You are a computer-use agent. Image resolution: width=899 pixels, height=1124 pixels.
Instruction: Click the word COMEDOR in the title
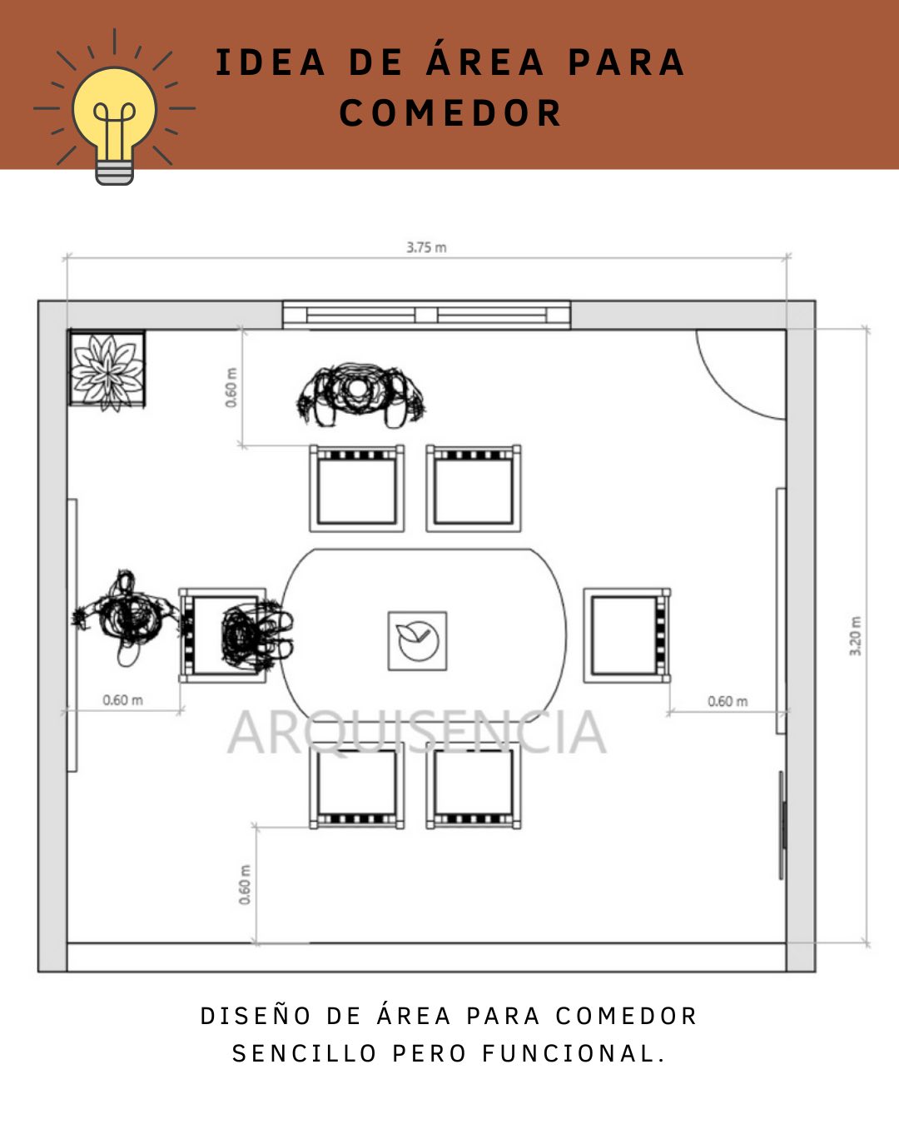point(450,113)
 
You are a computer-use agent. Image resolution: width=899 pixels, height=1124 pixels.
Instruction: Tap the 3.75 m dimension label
point(427,247)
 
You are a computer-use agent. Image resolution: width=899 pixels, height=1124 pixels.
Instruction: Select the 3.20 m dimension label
point(855,636)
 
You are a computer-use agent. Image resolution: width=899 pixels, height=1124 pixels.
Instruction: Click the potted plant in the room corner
point(107,371)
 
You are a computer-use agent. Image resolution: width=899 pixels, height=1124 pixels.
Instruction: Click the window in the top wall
point(426,315)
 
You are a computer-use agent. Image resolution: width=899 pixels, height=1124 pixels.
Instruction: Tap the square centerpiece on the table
point(417,641)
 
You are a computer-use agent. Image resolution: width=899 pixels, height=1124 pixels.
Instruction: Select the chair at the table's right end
point(627,635)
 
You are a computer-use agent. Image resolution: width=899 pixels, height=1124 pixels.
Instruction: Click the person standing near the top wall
point(360,395)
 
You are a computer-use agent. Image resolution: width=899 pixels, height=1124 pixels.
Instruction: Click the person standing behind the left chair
point(127,618)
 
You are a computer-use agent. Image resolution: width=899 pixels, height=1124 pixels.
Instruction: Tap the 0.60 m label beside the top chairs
point(231,387)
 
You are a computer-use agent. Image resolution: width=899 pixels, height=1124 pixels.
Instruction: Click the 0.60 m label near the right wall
point(728,701)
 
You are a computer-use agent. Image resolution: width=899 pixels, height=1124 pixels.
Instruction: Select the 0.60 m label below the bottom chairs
point(245,884)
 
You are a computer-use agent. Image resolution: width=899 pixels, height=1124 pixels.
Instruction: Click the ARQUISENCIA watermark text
point(417,733)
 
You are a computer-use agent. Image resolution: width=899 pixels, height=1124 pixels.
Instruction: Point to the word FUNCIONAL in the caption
point(574,1053)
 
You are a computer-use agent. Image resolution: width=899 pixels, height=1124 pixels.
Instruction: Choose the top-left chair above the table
point(357,489)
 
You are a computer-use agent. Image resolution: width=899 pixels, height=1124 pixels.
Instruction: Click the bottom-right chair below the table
point(474,786)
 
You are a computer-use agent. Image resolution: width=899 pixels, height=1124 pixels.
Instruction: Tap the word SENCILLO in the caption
point(305,1053)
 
